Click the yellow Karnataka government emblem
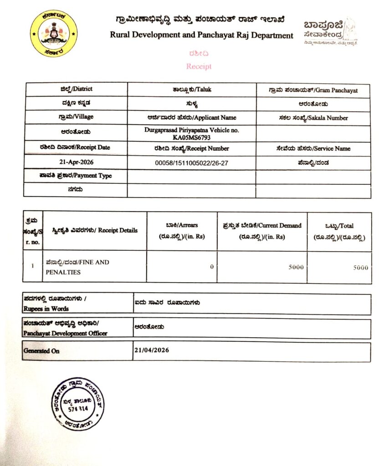point(54,34)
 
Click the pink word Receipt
point(199,66)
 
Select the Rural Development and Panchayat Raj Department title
point(202,35)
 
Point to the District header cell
point(76,89)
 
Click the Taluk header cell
point(192,90)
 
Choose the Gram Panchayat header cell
point(313,90)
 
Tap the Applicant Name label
point(192,117)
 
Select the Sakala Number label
point(313,118)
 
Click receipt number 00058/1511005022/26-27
point(192,162)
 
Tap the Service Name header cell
point(313,148)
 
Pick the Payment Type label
point(76,176)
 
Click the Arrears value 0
point(212,267)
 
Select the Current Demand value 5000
point(296,267)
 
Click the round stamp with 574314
point(77,404)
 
